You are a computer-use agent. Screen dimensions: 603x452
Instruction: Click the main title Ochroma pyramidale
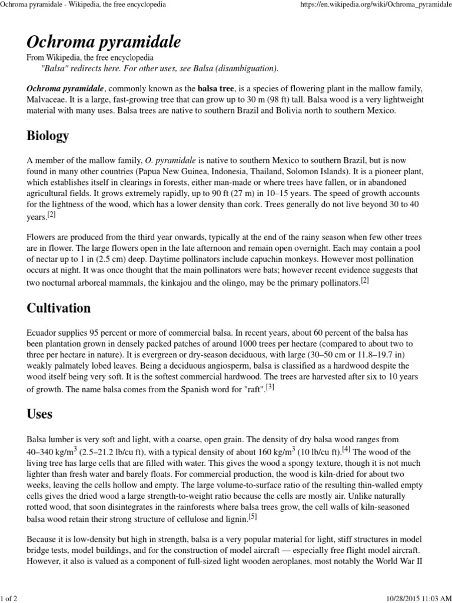pos(104,42)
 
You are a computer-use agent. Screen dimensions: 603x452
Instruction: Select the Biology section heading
pos(48,136)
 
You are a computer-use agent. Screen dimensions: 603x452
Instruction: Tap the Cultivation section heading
pos(59,308)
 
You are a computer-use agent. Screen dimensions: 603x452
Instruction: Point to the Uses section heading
pos(39,414)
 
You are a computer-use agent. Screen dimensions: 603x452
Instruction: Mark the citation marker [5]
pos(252,517)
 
